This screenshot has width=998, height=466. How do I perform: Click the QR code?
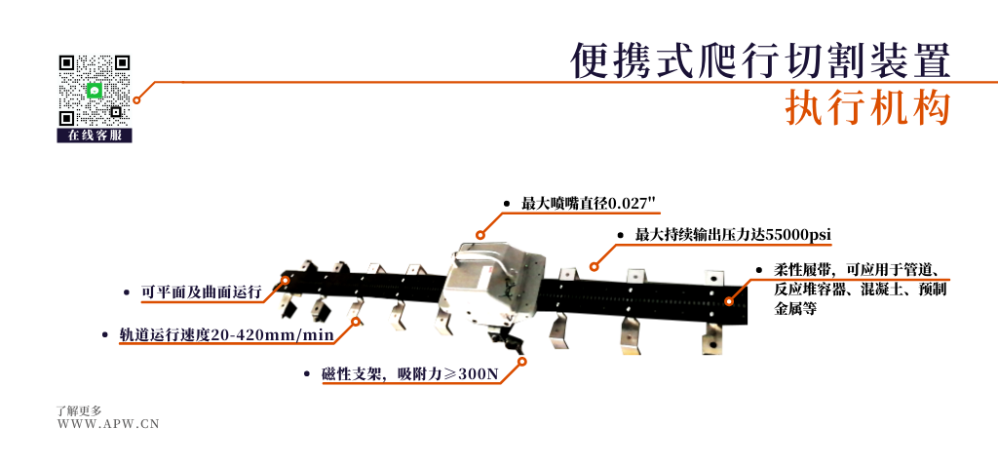95,91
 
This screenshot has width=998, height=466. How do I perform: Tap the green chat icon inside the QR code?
95,91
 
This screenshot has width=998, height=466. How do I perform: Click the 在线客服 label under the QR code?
95,136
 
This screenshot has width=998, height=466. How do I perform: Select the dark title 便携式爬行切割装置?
760,60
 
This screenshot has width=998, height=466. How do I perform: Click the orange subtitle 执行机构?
867,107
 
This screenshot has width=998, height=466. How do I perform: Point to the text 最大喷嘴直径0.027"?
589,204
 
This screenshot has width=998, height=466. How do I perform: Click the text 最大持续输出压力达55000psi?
733,235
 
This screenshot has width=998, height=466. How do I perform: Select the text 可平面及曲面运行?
201,292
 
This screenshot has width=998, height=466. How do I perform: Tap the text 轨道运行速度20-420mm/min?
226,335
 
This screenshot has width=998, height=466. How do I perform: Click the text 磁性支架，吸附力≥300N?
410,374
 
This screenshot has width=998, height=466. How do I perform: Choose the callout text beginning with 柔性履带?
861,290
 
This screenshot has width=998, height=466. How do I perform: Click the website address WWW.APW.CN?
108,424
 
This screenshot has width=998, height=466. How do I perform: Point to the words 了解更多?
79,411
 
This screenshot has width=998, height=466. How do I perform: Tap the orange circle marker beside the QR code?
136,100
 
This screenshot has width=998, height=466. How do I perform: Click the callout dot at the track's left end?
286,280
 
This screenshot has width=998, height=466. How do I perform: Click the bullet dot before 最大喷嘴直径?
507,205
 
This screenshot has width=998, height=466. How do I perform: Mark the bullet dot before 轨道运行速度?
105,335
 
